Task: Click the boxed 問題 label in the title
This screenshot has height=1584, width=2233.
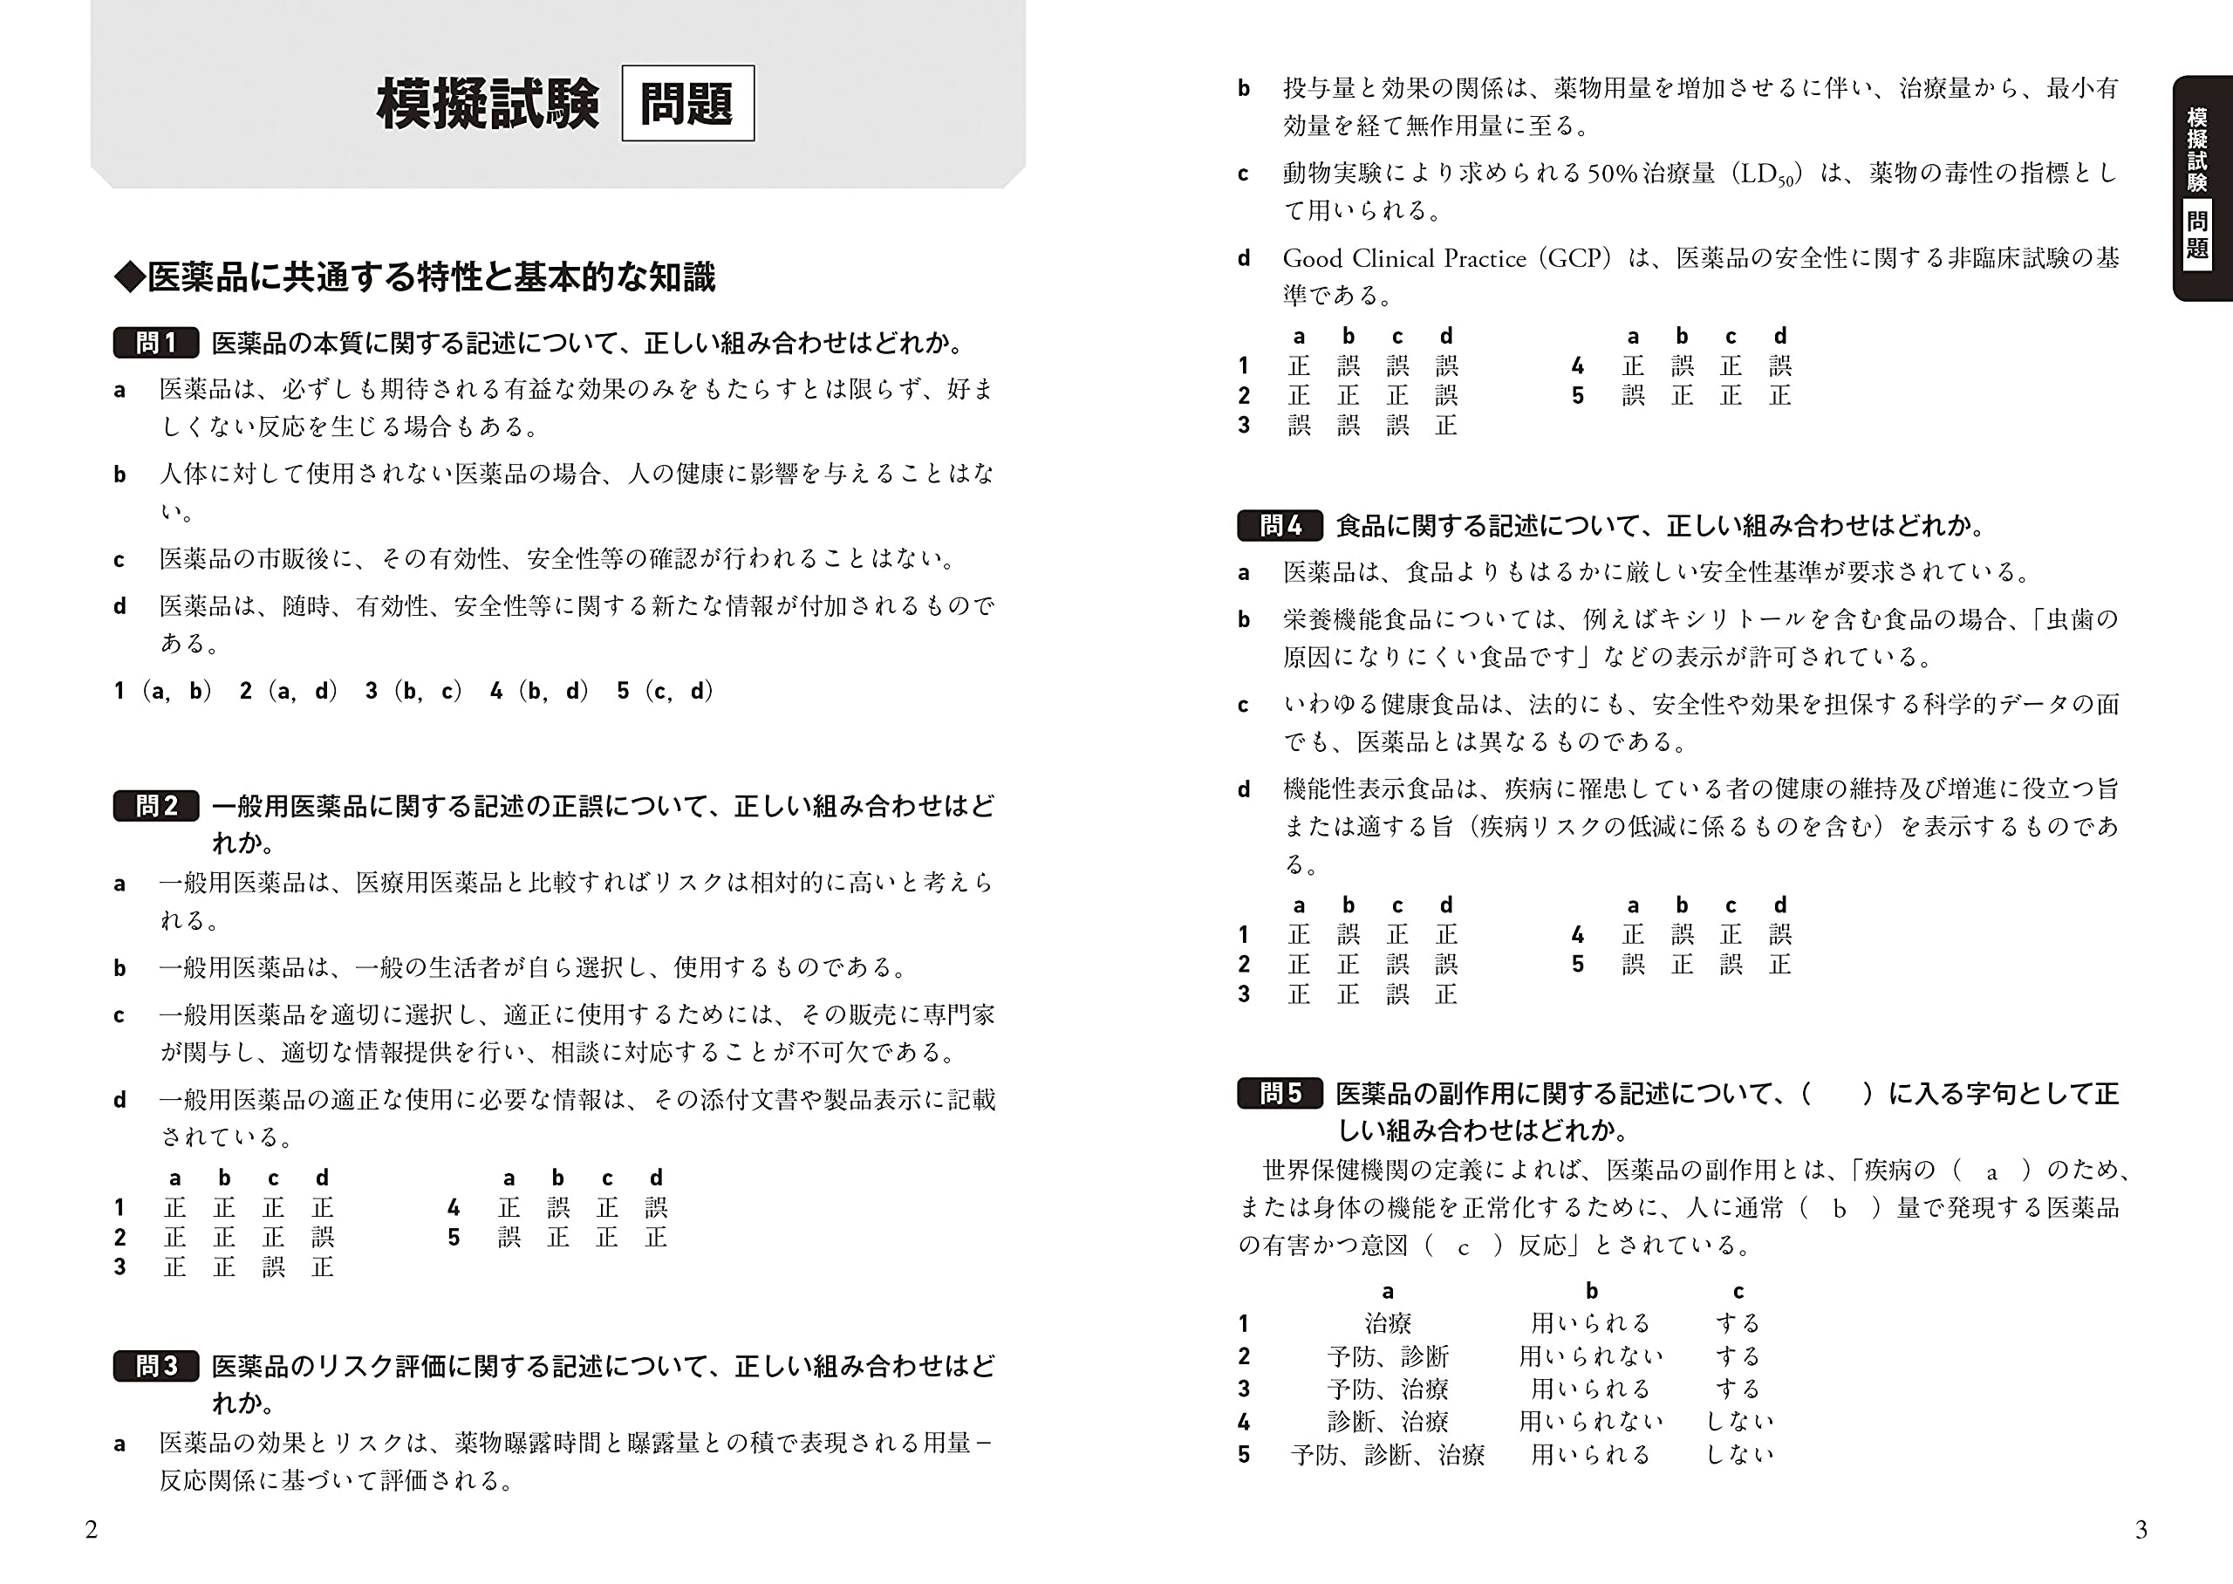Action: (687, 104)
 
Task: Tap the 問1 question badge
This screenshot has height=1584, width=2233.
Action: (156, 342)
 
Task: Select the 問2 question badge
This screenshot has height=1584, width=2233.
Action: (156, 806)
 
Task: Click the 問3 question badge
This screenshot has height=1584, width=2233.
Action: (156, 1366)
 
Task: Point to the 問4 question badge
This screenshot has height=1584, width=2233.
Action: (1280, 526)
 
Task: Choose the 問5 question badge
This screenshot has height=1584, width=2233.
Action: (1280, 1094)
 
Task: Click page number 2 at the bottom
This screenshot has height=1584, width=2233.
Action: (92, 1529)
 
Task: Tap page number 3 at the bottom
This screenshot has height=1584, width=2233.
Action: (2141, 1529)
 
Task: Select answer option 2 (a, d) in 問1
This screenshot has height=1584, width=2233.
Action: (289, 692)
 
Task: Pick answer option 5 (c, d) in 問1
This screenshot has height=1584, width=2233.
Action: (665, 692)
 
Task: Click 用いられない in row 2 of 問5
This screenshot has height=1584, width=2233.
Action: (1590, 1356)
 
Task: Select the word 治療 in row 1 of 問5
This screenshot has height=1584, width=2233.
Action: (1388, 1323)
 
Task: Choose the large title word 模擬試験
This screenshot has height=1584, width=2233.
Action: (488, 104)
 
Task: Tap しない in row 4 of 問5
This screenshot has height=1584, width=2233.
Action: (1738, 1422)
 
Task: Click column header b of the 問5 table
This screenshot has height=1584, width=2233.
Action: (1591, 1292)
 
